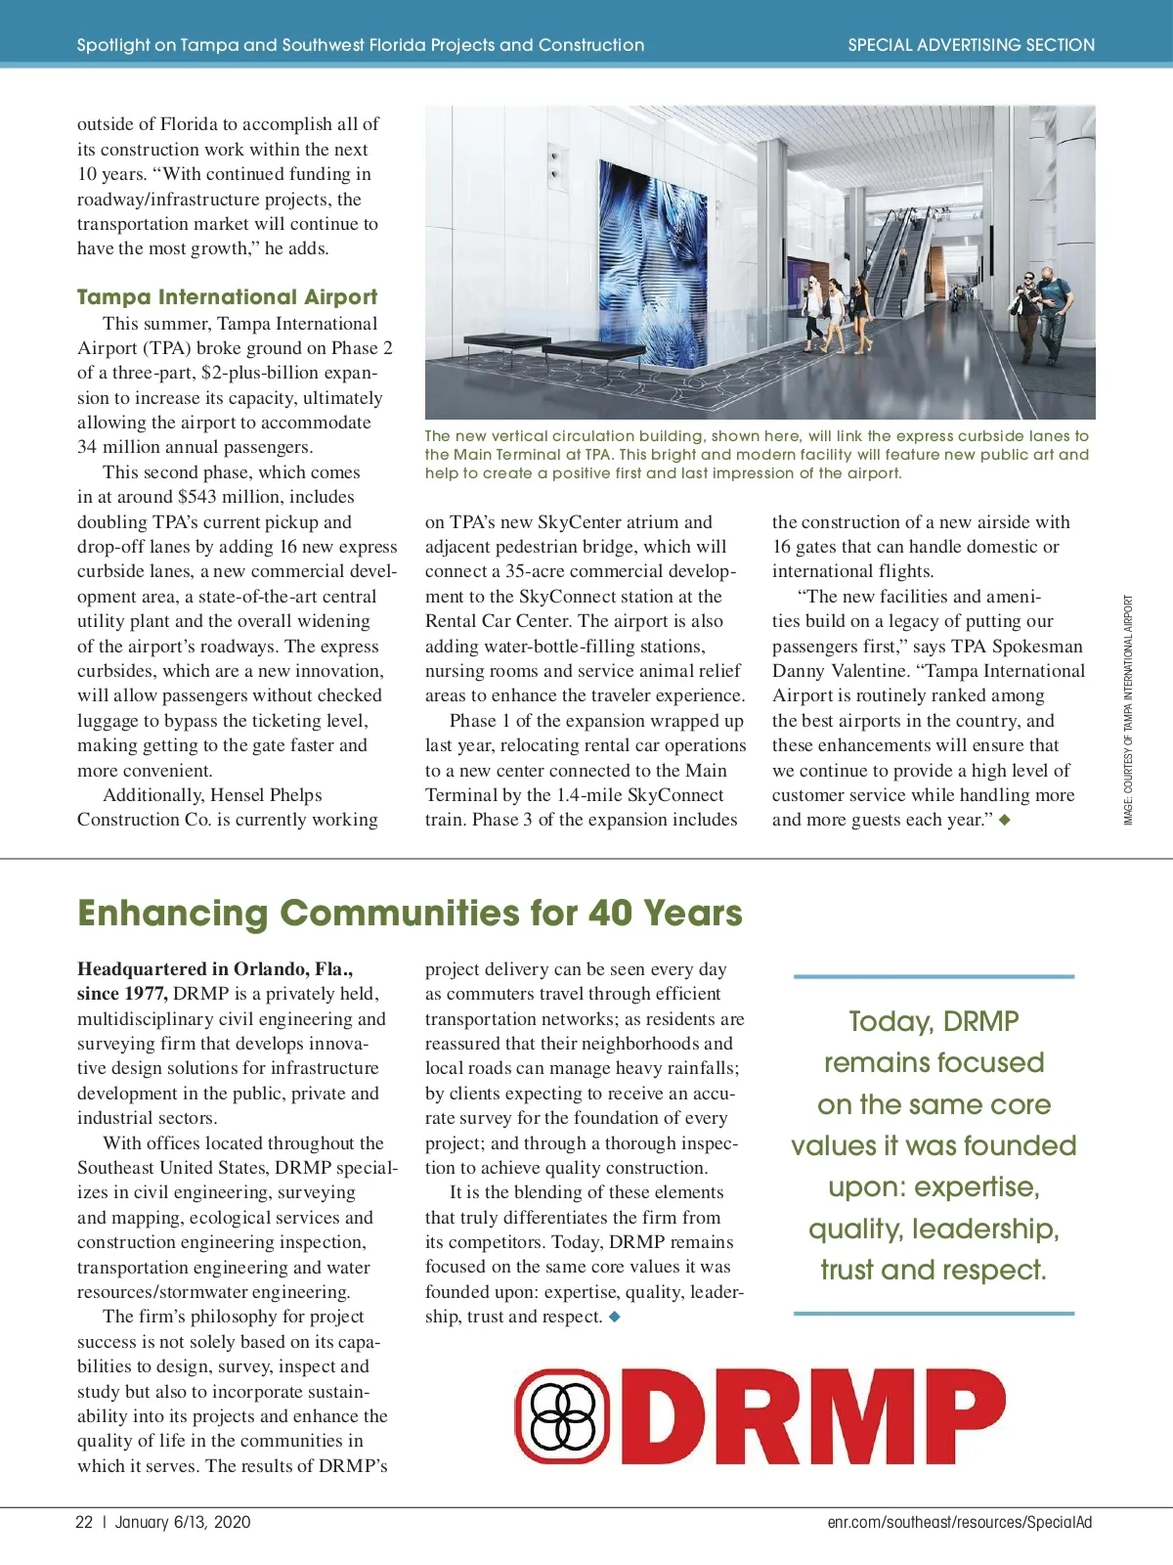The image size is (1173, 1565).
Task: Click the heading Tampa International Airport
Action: tap(227, 296)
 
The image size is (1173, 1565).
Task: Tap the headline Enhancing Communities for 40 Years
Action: tap(410, 913)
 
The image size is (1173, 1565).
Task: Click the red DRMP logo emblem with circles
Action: tap(563, 1415)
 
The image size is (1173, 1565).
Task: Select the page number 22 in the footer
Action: tap(84, 1522)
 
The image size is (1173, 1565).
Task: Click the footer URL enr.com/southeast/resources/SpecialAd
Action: tap(959, 1522)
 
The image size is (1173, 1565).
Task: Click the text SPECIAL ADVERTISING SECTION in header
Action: tap(971, 45)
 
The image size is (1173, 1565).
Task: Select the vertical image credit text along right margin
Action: tap(1128, 710)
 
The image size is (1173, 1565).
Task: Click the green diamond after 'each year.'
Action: tap(1004, 820)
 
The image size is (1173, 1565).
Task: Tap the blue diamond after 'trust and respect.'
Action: tap(614, 1317)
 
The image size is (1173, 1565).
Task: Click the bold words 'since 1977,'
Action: tap(123, 994)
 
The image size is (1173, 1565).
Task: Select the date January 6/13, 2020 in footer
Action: tap(183, 1522)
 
